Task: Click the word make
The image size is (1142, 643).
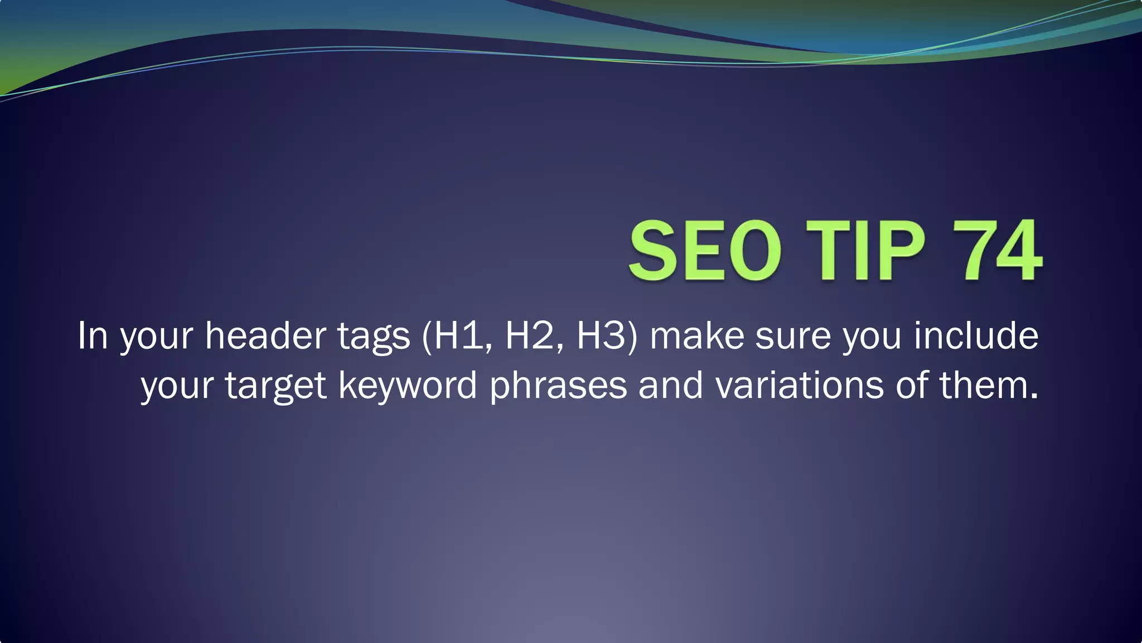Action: pos(697,336)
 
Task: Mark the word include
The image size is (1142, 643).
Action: pos(976,336)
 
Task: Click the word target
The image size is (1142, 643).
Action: pos(275,386)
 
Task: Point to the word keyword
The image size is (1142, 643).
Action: pos(408,386)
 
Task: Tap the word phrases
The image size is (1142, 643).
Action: pos(558,386)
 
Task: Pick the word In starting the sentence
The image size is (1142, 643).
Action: pos(92,336)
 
